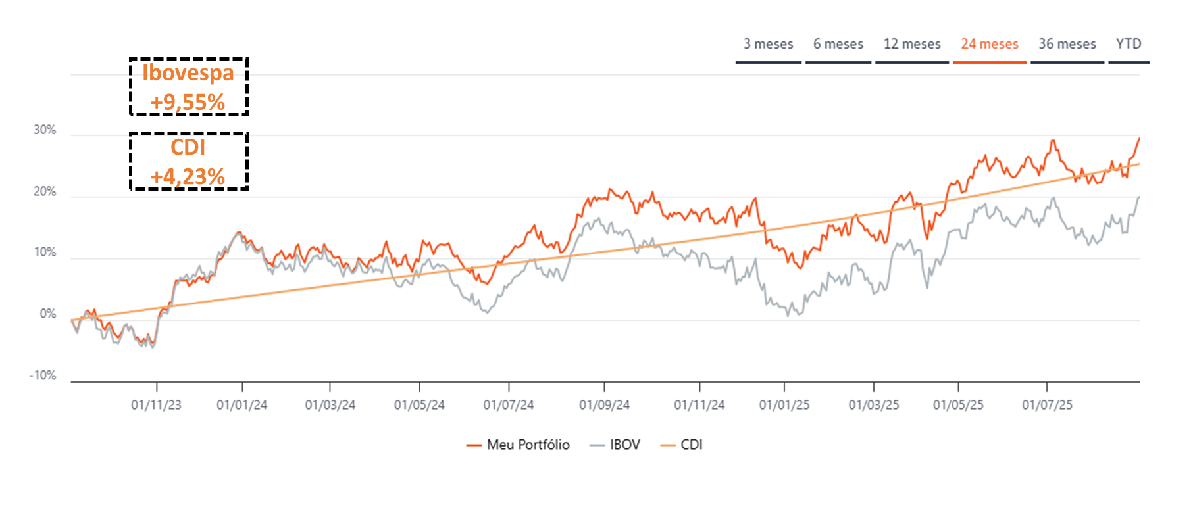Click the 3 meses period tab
coord(768,44)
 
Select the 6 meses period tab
coord(838,44)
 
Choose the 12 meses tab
coord(911,44)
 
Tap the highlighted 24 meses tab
coord(989,44)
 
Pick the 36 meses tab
coord(1067,44)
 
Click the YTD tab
coord(1128,44)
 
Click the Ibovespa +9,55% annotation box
coord(188,87)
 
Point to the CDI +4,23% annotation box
coord(188,161)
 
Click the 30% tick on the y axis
coord(45,130)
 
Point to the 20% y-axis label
coord(45,192)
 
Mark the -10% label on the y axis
coord(43,376)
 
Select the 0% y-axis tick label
coord(47,314)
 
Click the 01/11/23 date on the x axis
coord(156,405)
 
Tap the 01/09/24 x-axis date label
coord(604,405)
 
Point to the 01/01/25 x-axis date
coord(784,405)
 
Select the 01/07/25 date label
coord(1046,405)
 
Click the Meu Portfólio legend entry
coord(527,445)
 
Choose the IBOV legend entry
coord(624,445)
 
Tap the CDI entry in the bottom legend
coord(691,445)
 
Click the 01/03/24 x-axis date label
coord(330,405)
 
